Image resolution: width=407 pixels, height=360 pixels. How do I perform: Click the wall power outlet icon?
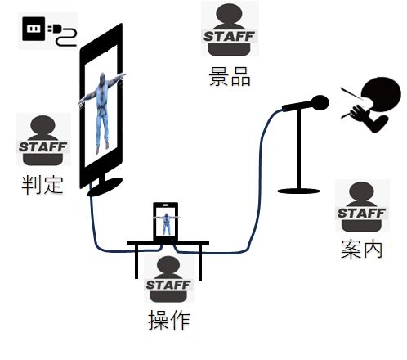(34, 29)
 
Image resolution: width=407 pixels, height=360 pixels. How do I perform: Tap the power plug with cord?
(63, 35)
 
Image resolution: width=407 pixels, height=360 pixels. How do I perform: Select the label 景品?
(230, 76)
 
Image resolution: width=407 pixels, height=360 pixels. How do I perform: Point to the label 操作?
(169, 320)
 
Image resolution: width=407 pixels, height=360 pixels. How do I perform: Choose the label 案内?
(362, 249)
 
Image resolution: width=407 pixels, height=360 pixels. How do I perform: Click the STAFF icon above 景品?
(230, 29)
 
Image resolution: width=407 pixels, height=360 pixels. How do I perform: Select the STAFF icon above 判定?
(43, 140)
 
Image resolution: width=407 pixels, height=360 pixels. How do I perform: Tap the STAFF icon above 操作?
(169, 279)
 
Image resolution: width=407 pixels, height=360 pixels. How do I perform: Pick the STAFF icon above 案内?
(361, 207)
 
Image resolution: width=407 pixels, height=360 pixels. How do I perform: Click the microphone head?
(320, 103)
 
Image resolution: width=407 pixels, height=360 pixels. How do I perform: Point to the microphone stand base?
(298, 191)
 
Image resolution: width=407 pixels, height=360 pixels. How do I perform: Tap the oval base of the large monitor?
(105, 187)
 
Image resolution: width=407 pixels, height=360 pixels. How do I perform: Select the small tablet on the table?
(166, 222)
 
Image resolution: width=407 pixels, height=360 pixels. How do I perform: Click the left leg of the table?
(136, 261)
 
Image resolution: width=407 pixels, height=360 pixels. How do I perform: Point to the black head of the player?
(382, 93)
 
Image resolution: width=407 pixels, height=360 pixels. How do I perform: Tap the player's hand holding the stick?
(359, 112)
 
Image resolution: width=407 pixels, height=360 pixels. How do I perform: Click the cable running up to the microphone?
(260, 174)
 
